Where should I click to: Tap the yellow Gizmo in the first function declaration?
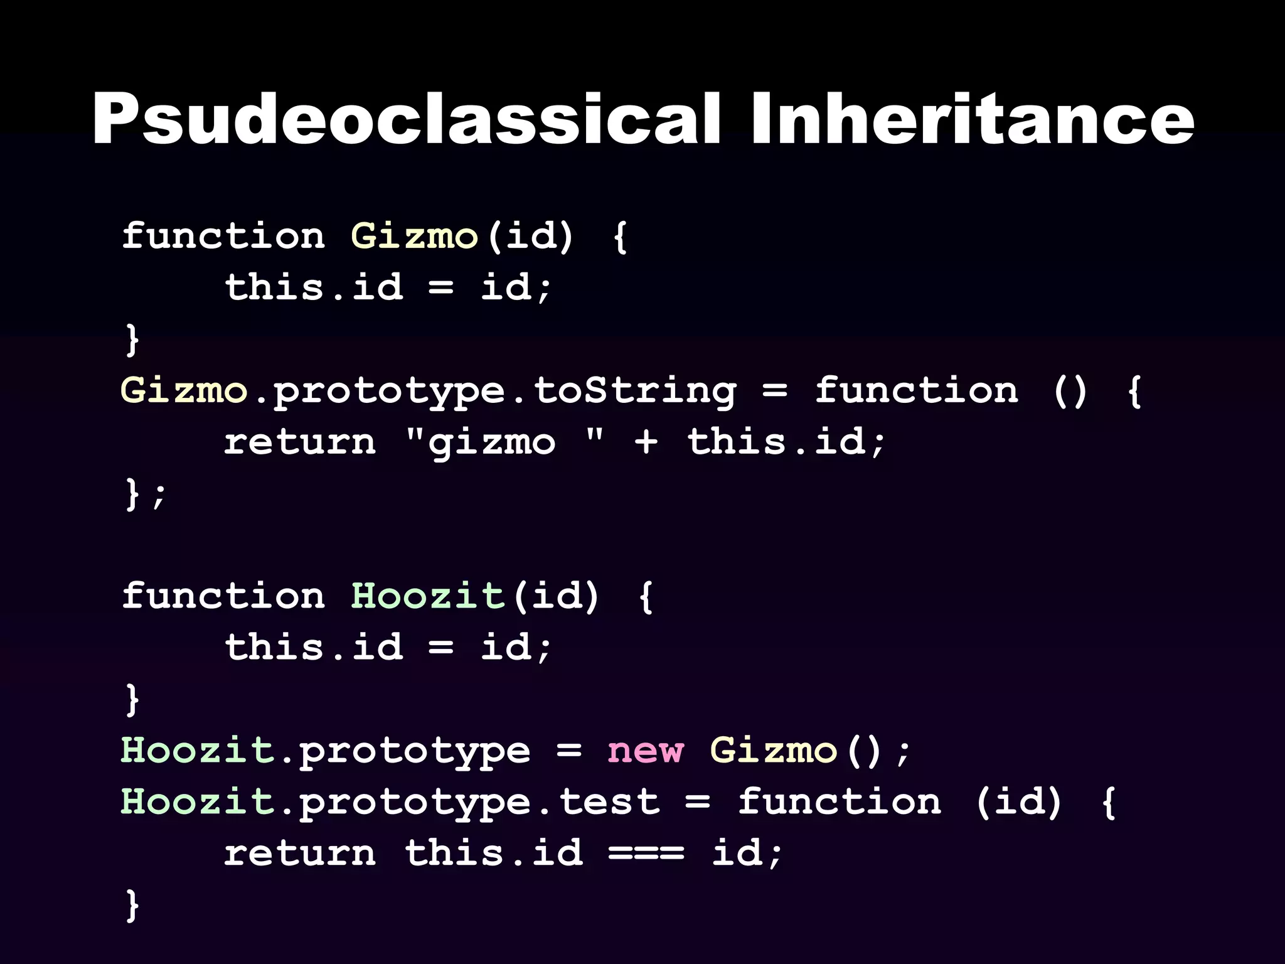(414, 237)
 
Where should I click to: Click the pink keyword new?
(645, 751)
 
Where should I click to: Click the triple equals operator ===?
(646, 854)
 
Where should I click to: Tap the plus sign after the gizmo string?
(646, 442)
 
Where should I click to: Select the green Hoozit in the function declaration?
(427, 596)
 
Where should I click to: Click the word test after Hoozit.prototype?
(609, 802)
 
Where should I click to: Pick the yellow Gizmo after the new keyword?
(774, 751)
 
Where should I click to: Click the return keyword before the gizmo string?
(300, 442)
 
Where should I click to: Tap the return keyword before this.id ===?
(300, 854)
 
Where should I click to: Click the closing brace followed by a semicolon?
(132, 493)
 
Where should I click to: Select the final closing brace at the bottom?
(132, 904)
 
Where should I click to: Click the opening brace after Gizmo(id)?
(620, 237)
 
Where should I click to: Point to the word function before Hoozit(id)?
(223, 596)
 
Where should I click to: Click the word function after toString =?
(916, 391)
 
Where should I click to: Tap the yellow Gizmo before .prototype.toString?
(184, 391)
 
